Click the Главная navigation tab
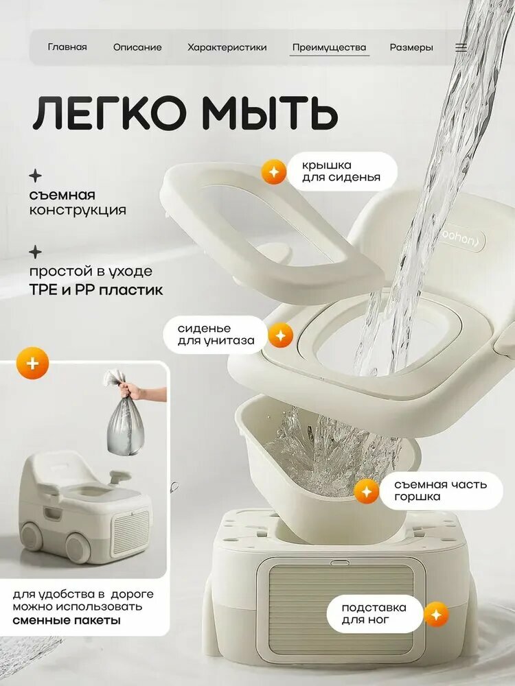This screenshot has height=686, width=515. point(67,47)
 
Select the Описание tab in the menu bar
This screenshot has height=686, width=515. point(137,47)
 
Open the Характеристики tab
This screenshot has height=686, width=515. point(227,47)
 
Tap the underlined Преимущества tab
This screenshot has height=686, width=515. point(329,48)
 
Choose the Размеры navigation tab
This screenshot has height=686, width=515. point(411,48)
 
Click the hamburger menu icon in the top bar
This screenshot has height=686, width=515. point(461,47)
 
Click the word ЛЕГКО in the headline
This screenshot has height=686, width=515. point(109,114)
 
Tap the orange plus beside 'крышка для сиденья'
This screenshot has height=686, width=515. point(274,171)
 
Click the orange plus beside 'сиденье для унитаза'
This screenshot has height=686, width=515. point(280,335)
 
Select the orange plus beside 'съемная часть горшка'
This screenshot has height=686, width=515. point(367,491)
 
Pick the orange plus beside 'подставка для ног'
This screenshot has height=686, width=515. point(436,614)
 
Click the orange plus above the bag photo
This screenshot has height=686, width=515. point(32,363)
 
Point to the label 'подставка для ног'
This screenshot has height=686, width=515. point(374,614)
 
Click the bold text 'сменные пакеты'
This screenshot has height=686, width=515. point(67,620)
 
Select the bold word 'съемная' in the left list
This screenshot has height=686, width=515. point(62,195)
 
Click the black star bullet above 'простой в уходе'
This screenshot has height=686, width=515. point(36,252)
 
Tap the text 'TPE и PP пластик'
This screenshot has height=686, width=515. point(96,289)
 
